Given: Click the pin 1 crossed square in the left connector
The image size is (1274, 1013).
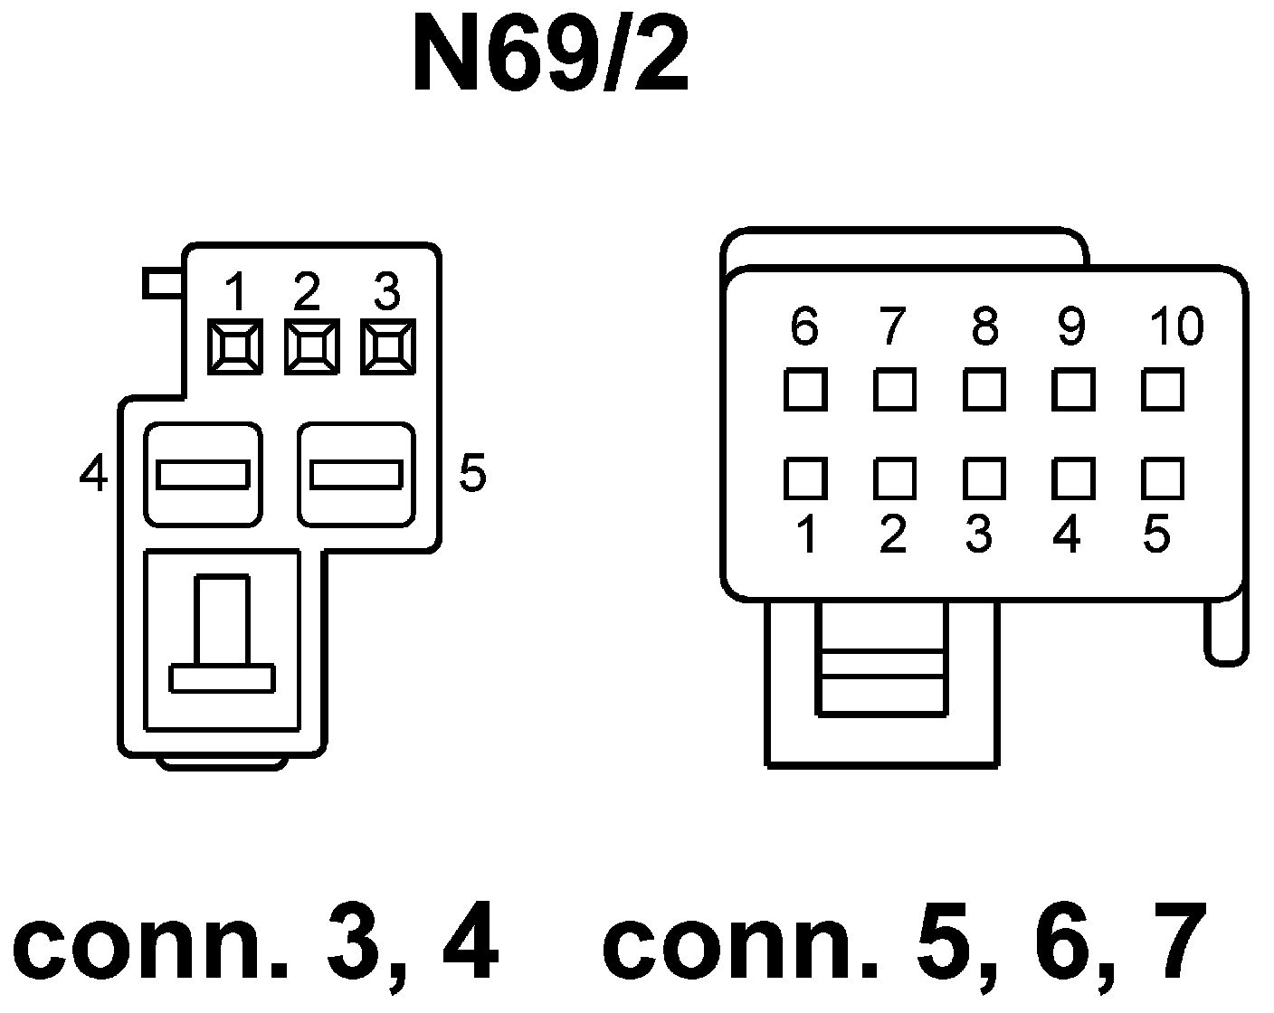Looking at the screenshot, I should click(x=234, y=346).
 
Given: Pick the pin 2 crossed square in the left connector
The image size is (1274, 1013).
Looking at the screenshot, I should click(x=311, y=346).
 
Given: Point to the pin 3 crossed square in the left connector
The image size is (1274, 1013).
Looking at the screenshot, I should click(x=387, y=346).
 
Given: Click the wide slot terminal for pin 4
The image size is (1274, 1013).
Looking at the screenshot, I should click(x=203, y=474).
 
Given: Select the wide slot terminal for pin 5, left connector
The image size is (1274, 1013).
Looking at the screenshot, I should click(x=357, y=474).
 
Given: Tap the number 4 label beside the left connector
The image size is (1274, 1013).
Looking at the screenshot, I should click(x=93, y=473).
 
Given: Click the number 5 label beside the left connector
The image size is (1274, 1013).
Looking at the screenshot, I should click(x=472, y=472).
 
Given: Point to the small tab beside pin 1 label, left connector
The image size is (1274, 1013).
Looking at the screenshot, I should click(x=164, y=283).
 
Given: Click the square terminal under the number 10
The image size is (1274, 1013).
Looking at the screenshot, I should click(x=1163, y=391).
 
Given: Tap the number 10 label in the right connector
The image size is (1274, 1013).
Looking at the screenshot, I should click(x=1176, y=327).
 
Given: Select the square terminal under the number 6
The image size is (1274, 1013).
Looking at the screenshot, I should click(x=804, y=391).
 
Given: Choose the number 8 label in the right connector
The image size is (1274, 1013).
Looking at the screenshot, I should click(x=984, y=327).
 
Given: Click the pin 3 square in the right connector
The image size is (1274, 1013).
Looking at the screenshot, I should click(x=984, y=478).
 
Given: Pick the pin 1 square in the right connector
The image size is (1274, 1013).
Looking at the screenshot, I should click(x=804, y=478).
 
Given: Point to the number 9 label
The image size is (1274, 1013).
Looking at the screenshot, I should click(x=1071, y=327).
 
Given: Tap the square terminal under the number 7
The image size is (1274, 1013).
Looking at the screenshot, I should click(x=895, y=391).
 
